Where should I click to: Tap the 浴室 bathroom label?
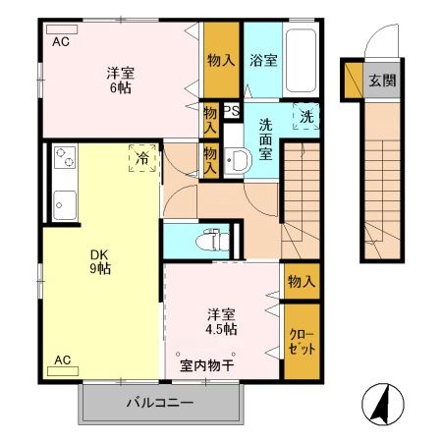(262, 60)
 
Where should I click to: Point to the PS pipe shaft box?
(232, 111)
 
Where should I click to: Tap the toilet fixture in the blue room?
(208, 239)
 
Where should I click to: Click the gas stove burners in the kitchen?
(66, 158)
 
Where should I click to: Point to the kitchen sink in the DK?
(66, 204)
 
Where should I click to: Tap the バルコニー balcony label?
(159, 403)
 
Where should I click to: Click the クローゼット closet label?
(301, 342)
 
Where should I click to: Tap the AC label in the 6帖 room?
(61, 41)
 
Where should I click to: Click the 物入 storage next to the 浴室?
(221, 60)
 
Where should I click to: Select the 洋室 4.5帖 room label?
(221, 322)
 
